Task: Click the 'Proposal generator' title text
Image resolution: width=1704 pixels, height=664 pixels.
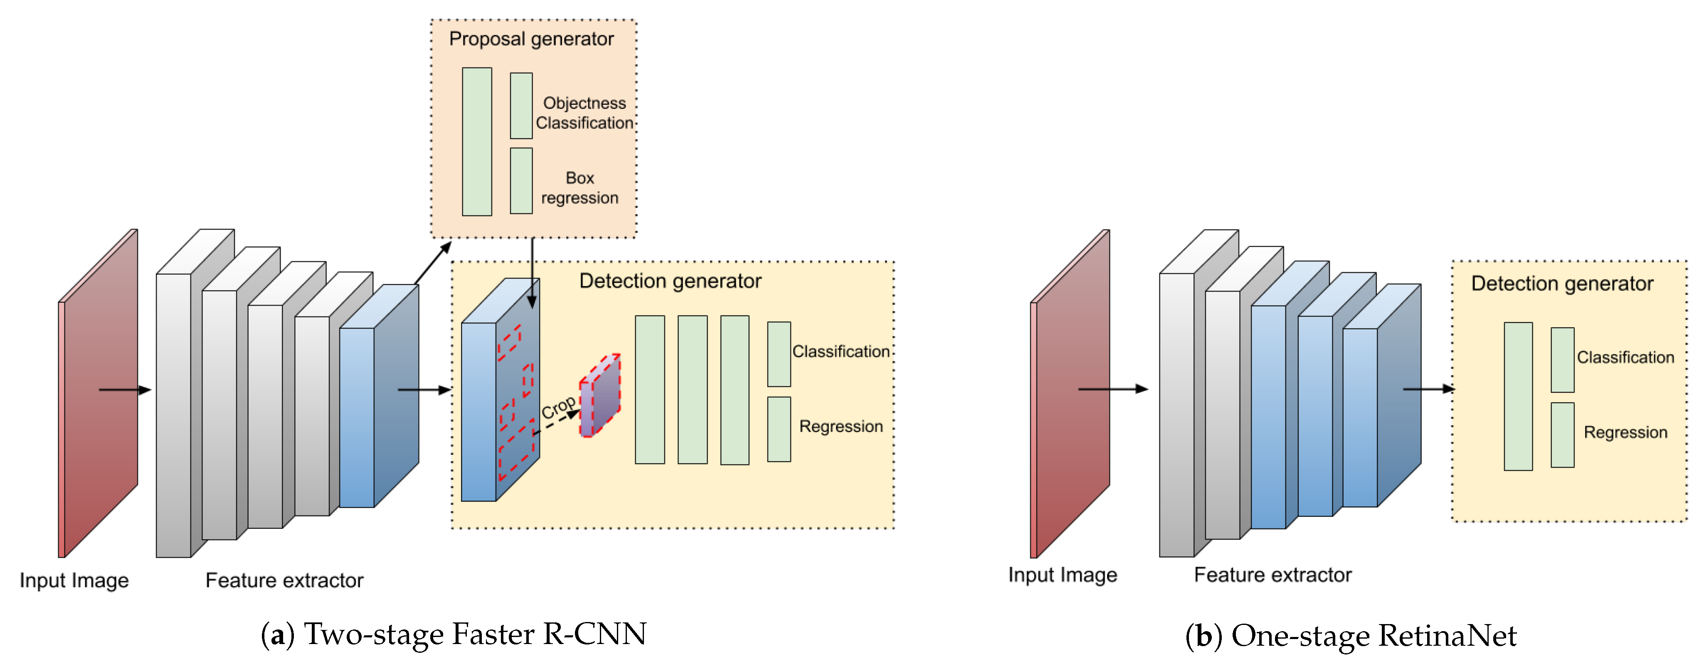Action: click(x=531, y=39)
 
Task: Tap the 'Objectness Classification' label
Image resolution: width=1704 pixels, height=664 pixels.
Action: click(x=584, y=113)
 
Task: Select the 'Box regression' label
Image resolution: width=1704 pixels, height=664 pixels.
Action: click(x=580, y=188)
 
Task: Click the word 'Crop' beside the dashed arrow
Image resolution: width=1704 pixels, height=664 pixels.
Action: click(x=557, y=408)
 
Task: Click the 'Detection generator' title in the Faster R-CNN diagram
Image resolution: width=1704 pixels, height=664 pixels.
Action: click(x=670, y=281)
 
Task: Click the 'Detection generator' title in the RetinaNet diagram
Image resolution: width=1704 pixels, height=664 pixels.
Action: click(x=1562, y=284)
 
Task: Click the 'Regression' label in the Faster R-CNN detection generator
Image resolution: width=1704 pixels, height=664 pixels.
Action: click(x=841, y=427)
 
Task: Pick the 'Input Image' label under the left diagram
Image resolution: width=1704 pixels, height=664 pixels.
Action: click(x=74, y=581)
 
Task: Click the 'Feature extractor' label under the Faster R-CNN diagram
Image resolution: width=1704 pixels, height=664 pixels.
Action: click(x=284, y=581)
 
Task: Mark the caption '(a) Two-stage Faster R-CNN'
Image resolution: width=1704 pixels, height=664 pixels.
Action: click(x=454, y=634)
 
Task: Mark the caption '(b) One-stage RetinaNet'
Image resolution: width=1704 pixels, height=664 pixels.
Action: click(x=1351, y=636)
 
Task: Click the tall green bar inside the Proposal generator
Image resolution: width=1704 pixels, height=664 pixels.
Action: click(x=477, y=141)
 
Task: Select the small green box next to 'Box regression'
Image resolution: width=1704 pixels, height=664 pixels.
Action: click(x=521, y=180)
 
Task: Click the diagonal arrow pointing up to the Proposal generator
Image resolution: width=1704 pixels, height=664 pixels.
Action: click(x=433, y=262)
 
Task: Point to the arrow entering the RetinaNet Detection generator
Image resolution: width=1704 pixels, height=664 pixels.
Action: click(x=1429, y=389)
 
